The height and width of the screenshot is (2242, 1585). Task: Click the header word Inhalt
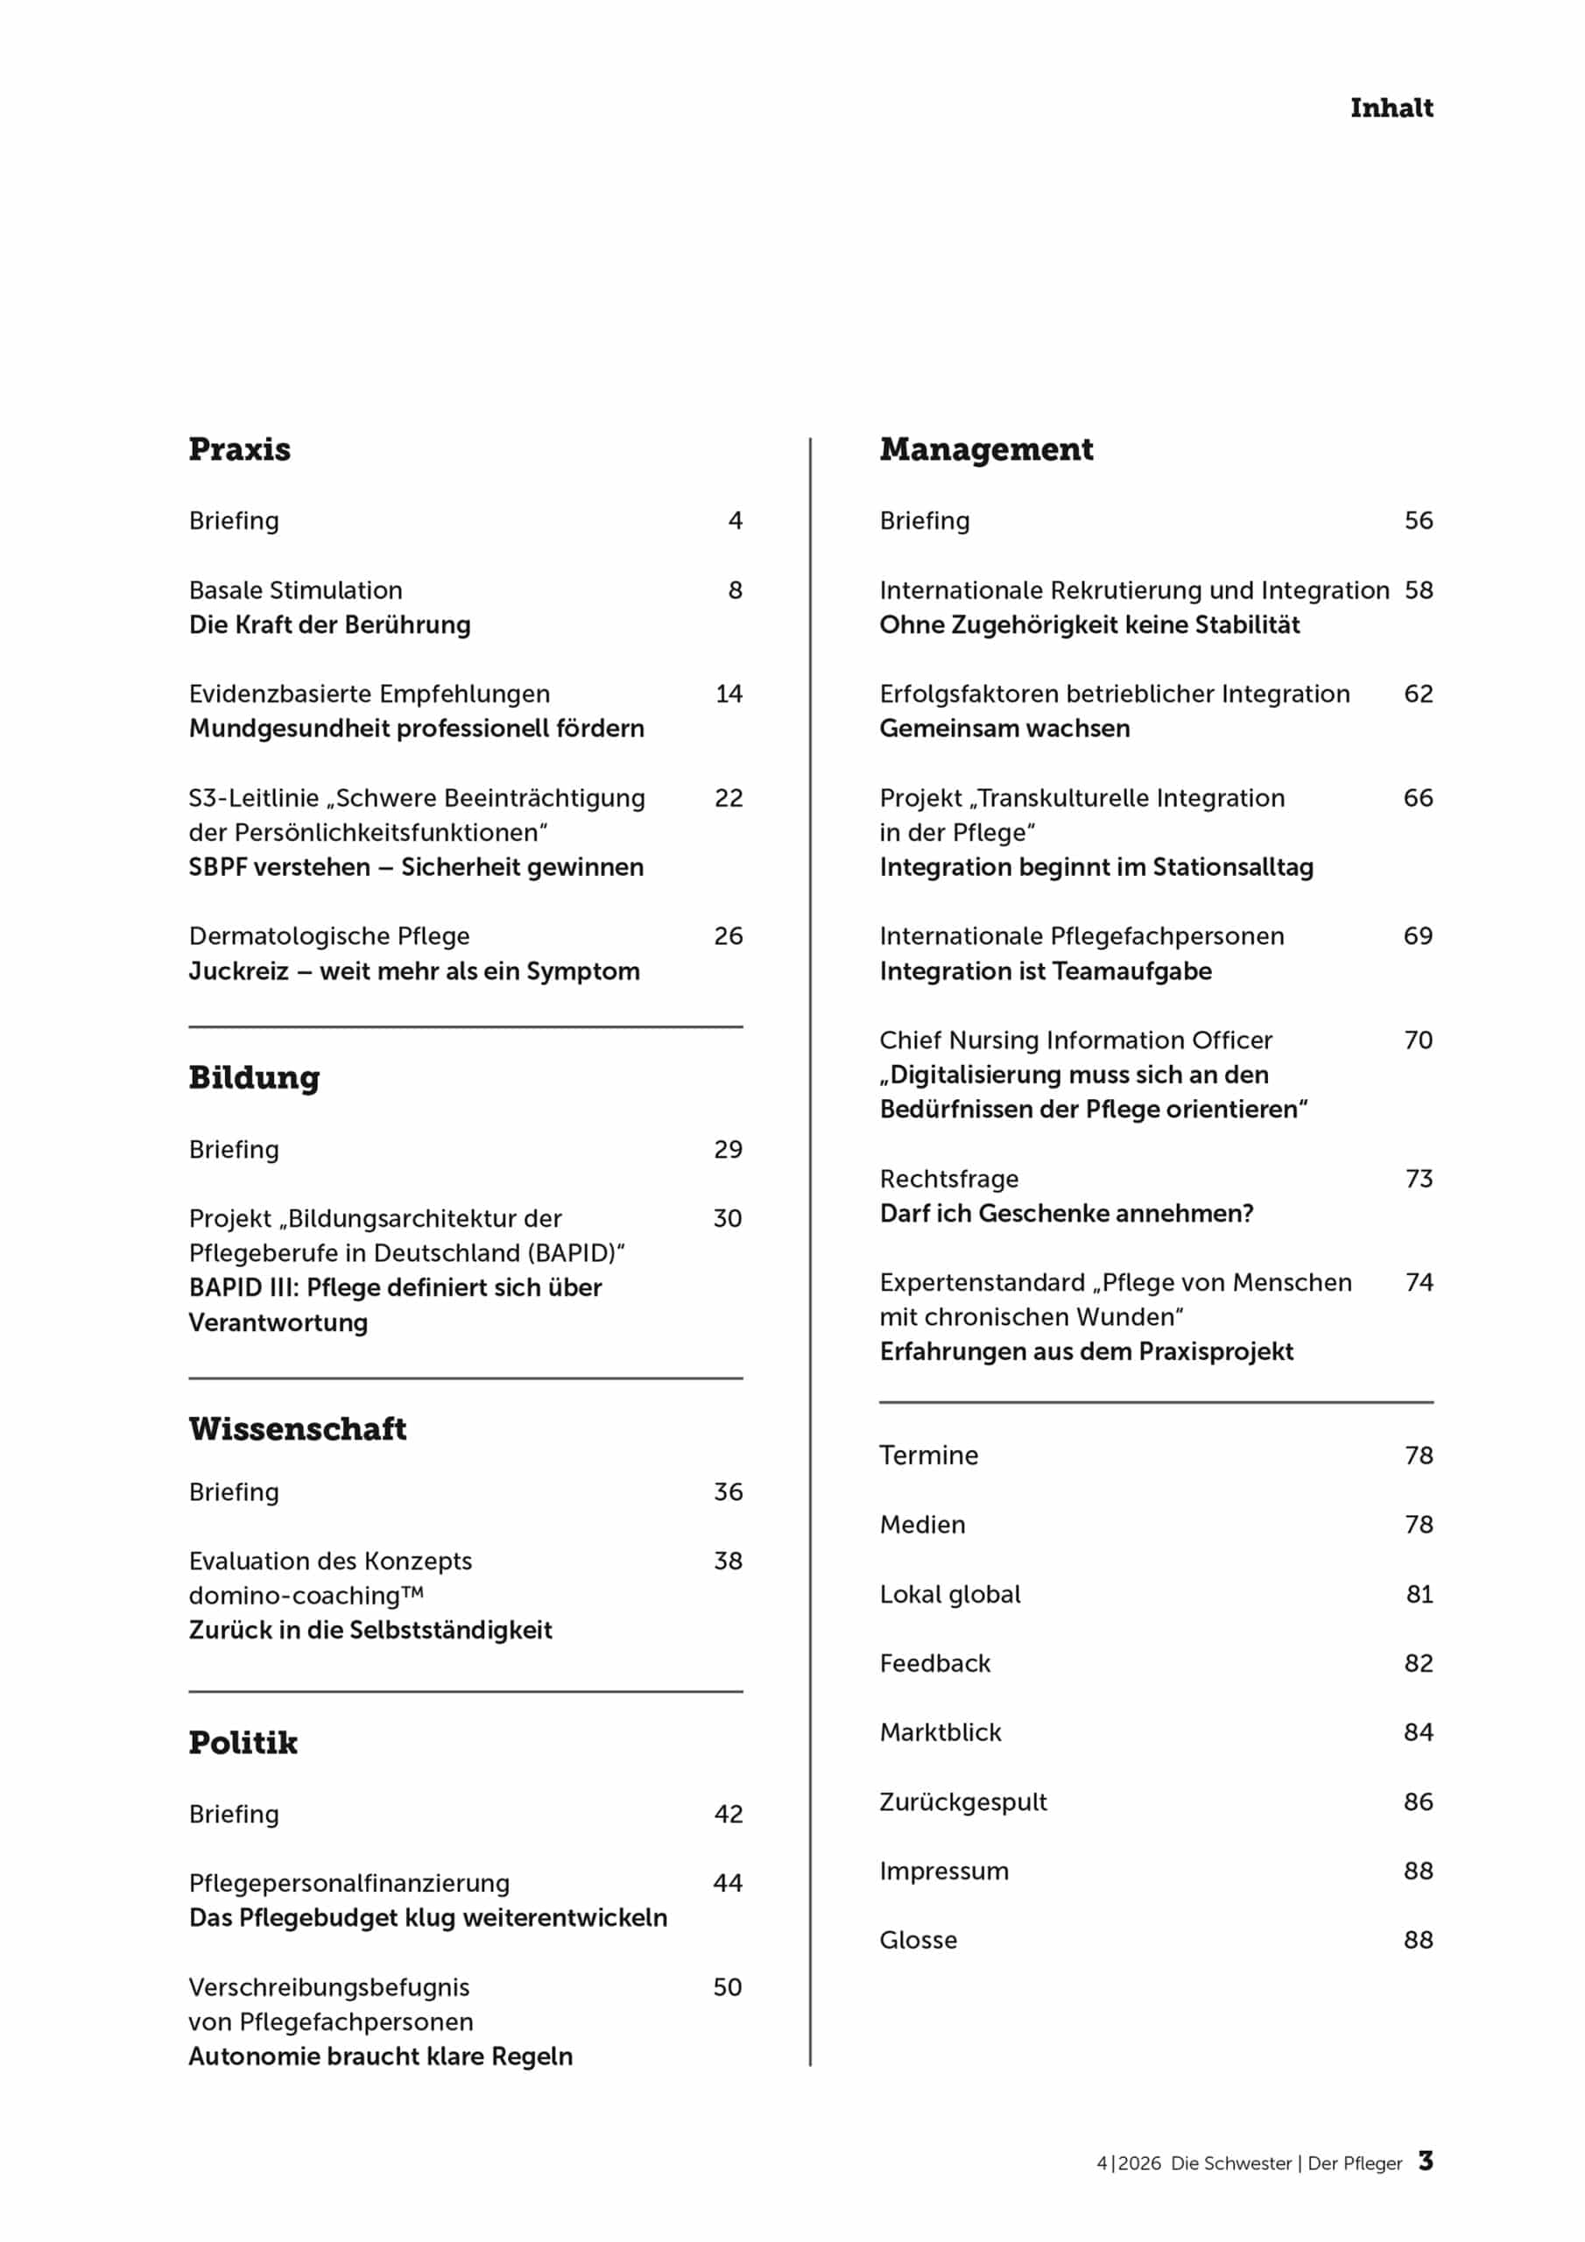pos(1391,108)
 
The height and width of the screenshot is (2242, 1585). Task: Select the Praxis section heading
pos(239,449)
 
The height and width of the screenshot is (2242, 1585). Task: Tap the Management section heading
pos(985,449)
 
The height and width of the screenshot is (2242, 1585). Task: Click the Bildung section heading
pos(254,1078)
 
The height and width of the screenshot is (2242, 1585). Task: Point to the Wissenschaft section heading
pos(297,1429)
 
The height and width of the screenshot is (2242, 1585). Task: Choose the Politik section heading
pos(243,1743)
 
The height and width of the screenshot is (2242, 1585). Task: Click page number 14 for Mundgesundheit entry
pos(729,694)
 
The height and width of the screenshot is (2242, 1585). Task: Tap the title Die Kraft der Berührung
pos(329,625)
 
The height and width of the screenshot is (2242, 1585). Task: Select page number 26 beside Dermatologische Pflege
pos(729,936)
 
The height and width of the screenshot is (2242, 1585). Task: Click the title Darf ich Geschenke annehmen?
pos(1066,1214)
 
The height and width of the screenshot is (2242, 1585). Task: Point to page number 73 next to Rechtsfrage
pos(1418,1179)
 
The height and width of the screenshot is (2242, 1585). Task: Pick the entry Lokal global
pos(949,1595)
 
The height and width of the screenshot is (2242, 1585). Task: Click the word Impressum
pos(943,1871)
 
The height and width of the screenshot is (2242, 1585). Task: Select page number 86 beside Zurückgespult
pos(1418,1801)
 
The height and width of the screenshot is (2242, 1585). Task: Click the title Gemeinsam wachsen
pos(1004,729)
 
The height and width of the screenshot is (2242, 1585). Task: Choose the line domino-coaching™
pos(306,1596)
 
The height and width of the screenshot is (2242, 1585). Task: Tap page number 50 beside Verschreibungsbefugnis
pos(728,1987)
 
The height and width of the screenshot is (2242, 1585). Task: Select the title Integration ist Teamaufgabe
pos(1045,971)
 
